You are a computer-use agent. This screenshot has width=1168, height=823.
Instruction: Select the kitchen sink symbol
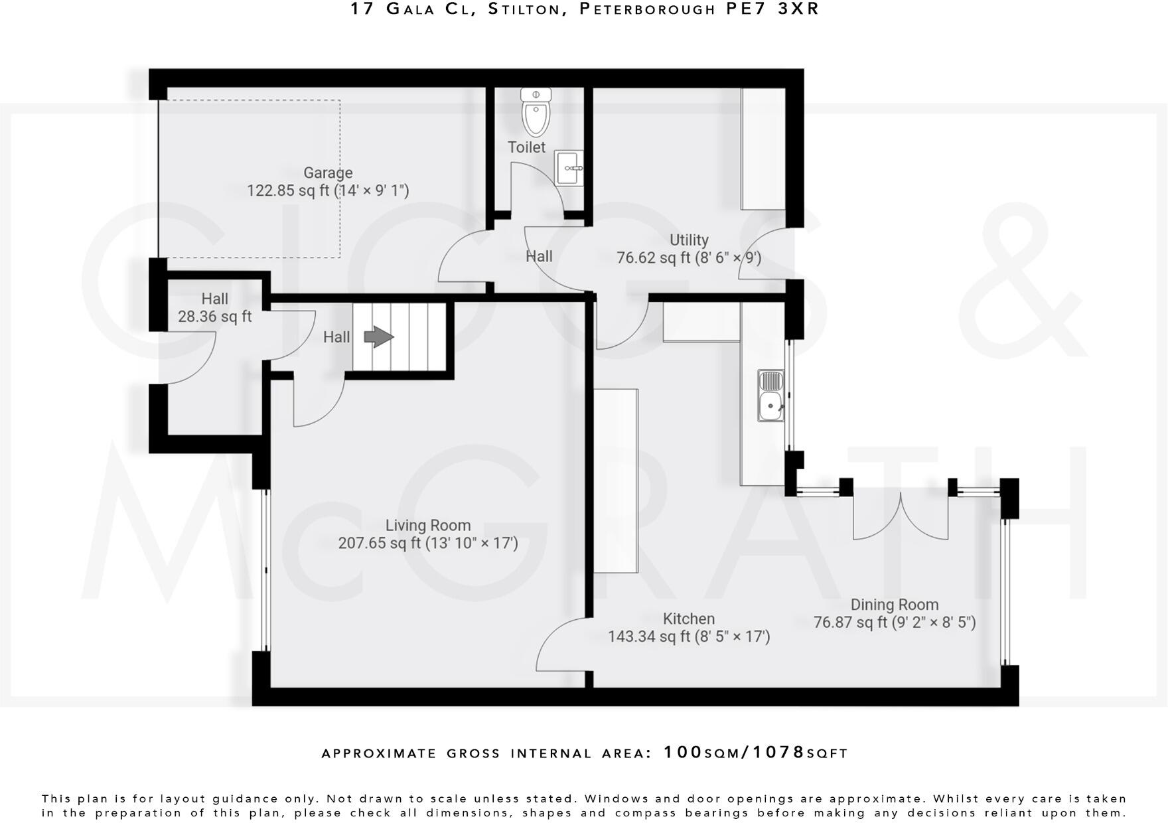point(771,396)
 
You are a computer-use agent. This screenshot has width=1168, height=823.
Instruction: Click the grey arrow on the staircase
point(379,337)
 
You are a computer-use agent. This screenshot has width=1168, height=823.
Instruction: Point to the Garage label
point(328,173)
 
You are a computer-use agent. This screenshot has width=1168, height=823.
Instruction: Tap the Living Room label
point(428,526)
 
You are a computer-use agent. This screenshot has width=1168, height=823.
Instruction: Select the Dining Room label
point(895,605)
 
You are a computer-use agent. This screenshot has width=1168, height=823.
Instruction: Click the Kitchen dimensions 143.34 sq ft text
point(689,636)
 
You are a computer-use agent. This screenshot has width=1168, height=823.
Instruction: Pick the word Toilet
point(526,147)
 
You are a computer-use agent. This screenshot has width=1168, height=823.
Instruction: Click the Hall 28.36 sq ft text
point(214,317)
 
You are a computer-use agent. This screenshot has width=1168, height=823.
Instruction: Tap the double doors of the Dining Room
point(900,518)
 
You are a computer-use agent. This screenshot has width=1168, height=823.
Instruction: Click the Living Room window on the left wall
point(265,571)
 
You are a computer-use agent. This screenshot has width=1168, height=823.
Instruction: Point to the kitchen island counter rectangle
point(616,481)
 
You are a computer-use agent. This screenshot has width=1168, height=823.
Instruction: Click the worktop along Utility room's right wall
point(763,149)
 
